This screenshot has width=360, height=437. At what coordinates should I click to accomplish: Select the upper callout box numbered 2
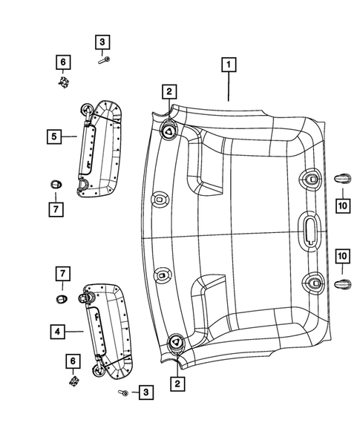169,91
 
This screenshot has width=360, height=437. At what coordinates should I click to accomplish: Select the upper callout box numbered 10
342,203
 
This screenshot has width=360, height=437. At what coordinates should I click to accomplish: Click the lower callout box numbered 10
342,256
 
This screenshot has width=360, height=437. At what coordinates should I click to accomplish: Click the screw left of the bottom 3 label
123,391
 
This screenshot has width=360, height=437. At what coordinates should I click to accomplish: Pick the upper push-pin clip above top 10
341,177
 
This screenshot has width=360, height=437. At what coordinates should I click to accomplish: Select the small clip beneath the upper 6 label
65,82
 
